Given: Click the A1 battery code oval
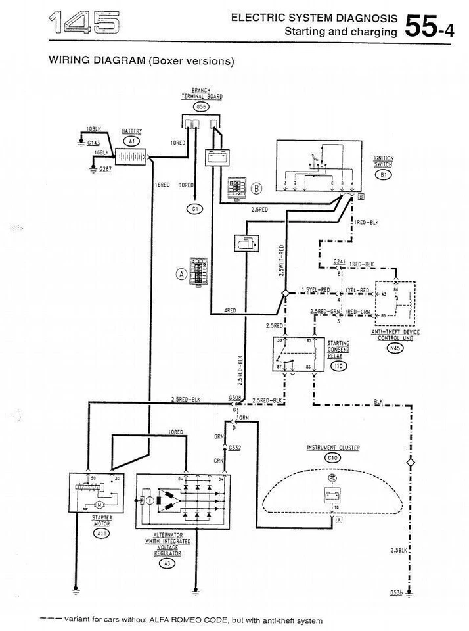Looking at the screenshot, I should (131, 141).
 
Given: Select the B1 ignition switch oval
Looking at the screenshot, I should (383, 175).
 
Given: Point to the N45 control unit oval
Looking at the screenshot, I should (394, 349).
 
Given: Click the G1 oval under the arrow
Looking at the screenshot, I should (194, 209).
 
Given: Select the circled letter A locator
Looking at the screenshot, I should (180, 275).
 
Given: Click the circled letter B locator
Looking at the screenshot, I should (257, 189).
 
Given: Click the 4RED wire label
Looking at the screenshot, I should (230, 310).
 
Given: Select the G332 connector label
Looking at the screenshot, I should (234, 447).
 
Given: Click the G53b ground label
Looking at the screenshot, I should (395, 592).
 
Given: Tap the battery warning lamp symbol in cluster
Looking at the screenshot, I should (332, 496).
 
